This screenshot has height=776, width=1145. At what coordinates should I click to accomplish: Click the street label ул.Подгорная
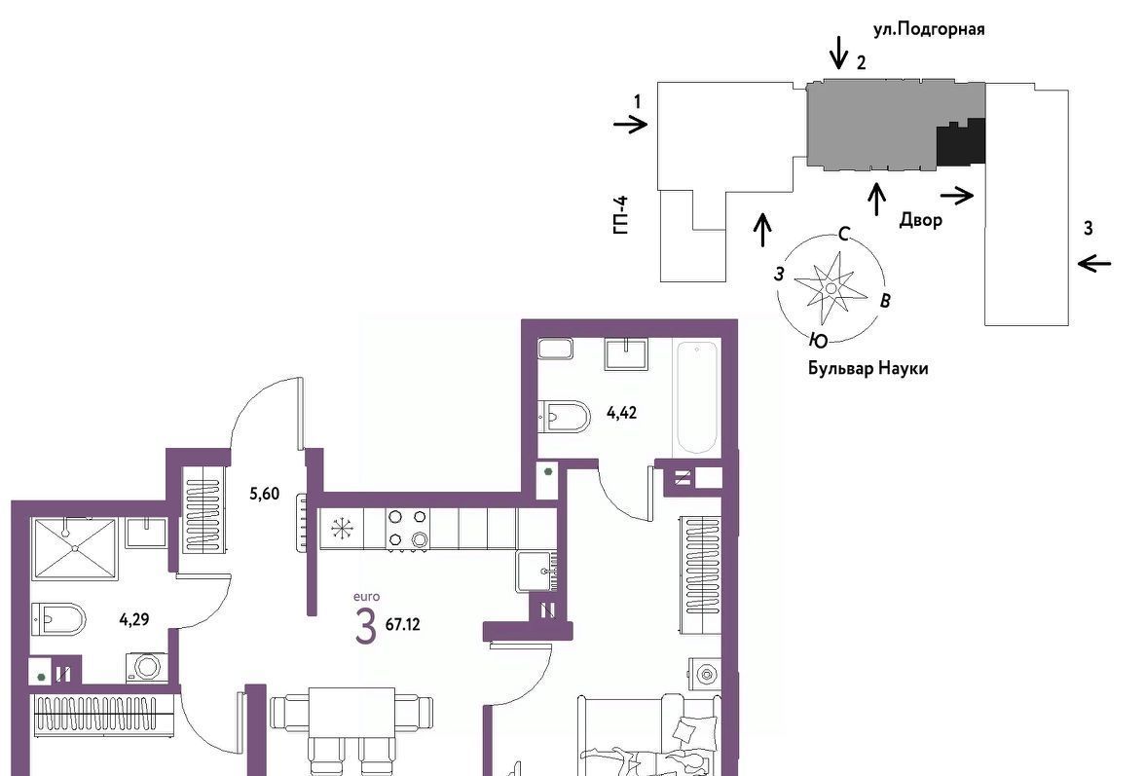coord(929,29)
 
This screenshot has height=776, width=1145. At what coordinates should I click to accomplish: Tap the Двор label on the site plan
coord(920,220)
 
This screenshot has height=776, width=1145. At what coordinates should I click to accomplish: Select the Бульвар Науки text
coord(868,368)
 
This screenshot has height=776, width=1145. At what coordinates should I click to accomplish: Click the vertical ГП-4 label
coord(621,215)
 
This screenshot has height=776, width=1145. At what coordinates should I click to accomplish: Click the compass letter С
coord(844,234)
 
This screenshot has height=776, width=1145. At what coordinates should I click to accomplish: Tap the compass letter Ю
coord(819,340)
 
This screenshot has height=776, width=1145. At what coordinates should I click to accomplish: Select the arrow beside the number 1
coord(630,125)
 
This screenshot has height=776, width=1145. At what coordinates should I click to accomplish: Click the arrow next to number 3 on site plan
coord(1094,263)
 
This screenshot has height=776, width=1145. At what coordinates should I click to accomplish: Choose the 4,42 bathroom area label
coord(621,413)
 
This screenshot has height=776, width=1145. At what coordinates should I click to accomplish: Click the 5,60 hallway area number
coord(265,495)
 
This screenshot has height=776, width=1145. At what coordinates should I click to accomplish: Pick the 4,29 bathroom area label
coord(134,620)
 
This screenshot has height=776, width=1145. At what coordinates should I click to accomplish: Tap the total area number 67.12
coord(402,625)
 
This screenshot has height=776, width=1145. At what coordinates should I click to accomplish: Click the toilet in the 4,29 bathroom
coord(58,620)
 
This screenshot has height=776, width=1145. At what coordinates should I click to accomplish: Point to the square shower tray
coord(74,548)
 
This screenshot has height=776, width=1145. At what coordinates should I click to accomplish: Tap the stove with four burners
coord(407,529)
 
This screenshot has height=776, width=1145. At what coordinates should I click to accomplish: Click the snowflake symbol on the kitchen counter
coord(342,529)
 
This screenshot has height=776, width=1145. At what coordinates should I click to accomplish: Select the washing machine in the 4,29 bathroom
coord(147,667)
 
